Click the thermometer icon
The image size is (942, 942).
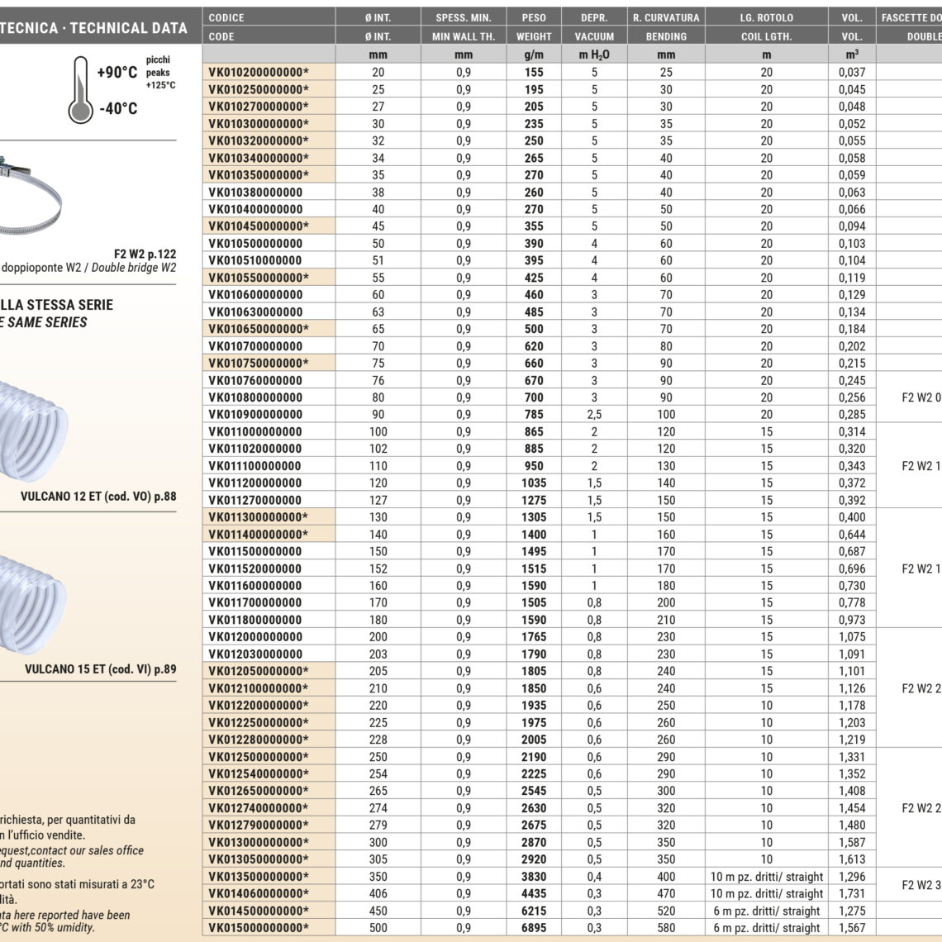click(x=80, y=89)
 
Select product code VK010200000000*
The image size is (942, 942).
click(x=259, y=72)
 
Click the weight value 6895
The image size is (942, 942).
click(x=534, y=928)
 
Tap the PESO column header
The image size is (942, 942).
click(x=534, y=17)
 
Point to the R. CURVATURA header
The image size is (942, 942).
click(x=666, y=17)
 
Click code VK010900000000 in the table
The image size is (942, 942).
click(x=255, y=414)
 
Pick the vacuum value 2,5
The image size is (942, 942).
click(x=594, y=414)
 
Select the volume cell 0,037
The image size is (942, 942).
click(x=852, y=72)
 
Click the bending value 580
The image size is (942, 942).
click(x=666, y=928)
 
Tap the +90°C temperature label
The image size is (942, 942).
click(x=117, y=73)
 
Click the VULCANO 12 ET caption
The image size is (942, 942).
click(x=98, y=497)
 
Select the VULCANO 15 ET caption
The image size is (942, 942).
click(x=100, y=669)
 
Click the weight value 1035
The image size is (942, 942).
click(x=534, y=483)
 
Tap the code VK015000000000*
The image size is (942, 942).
click(x=259, y=928)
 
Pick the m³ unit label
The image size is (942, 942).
click(x=852, y=55)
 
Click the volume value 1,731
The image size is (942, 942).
click(x=852, y=893)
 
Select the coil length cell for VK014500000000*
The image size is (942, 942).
click(x=767, y=911)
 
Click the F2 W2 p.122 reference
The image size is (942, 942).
click(x=145, y=254)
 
